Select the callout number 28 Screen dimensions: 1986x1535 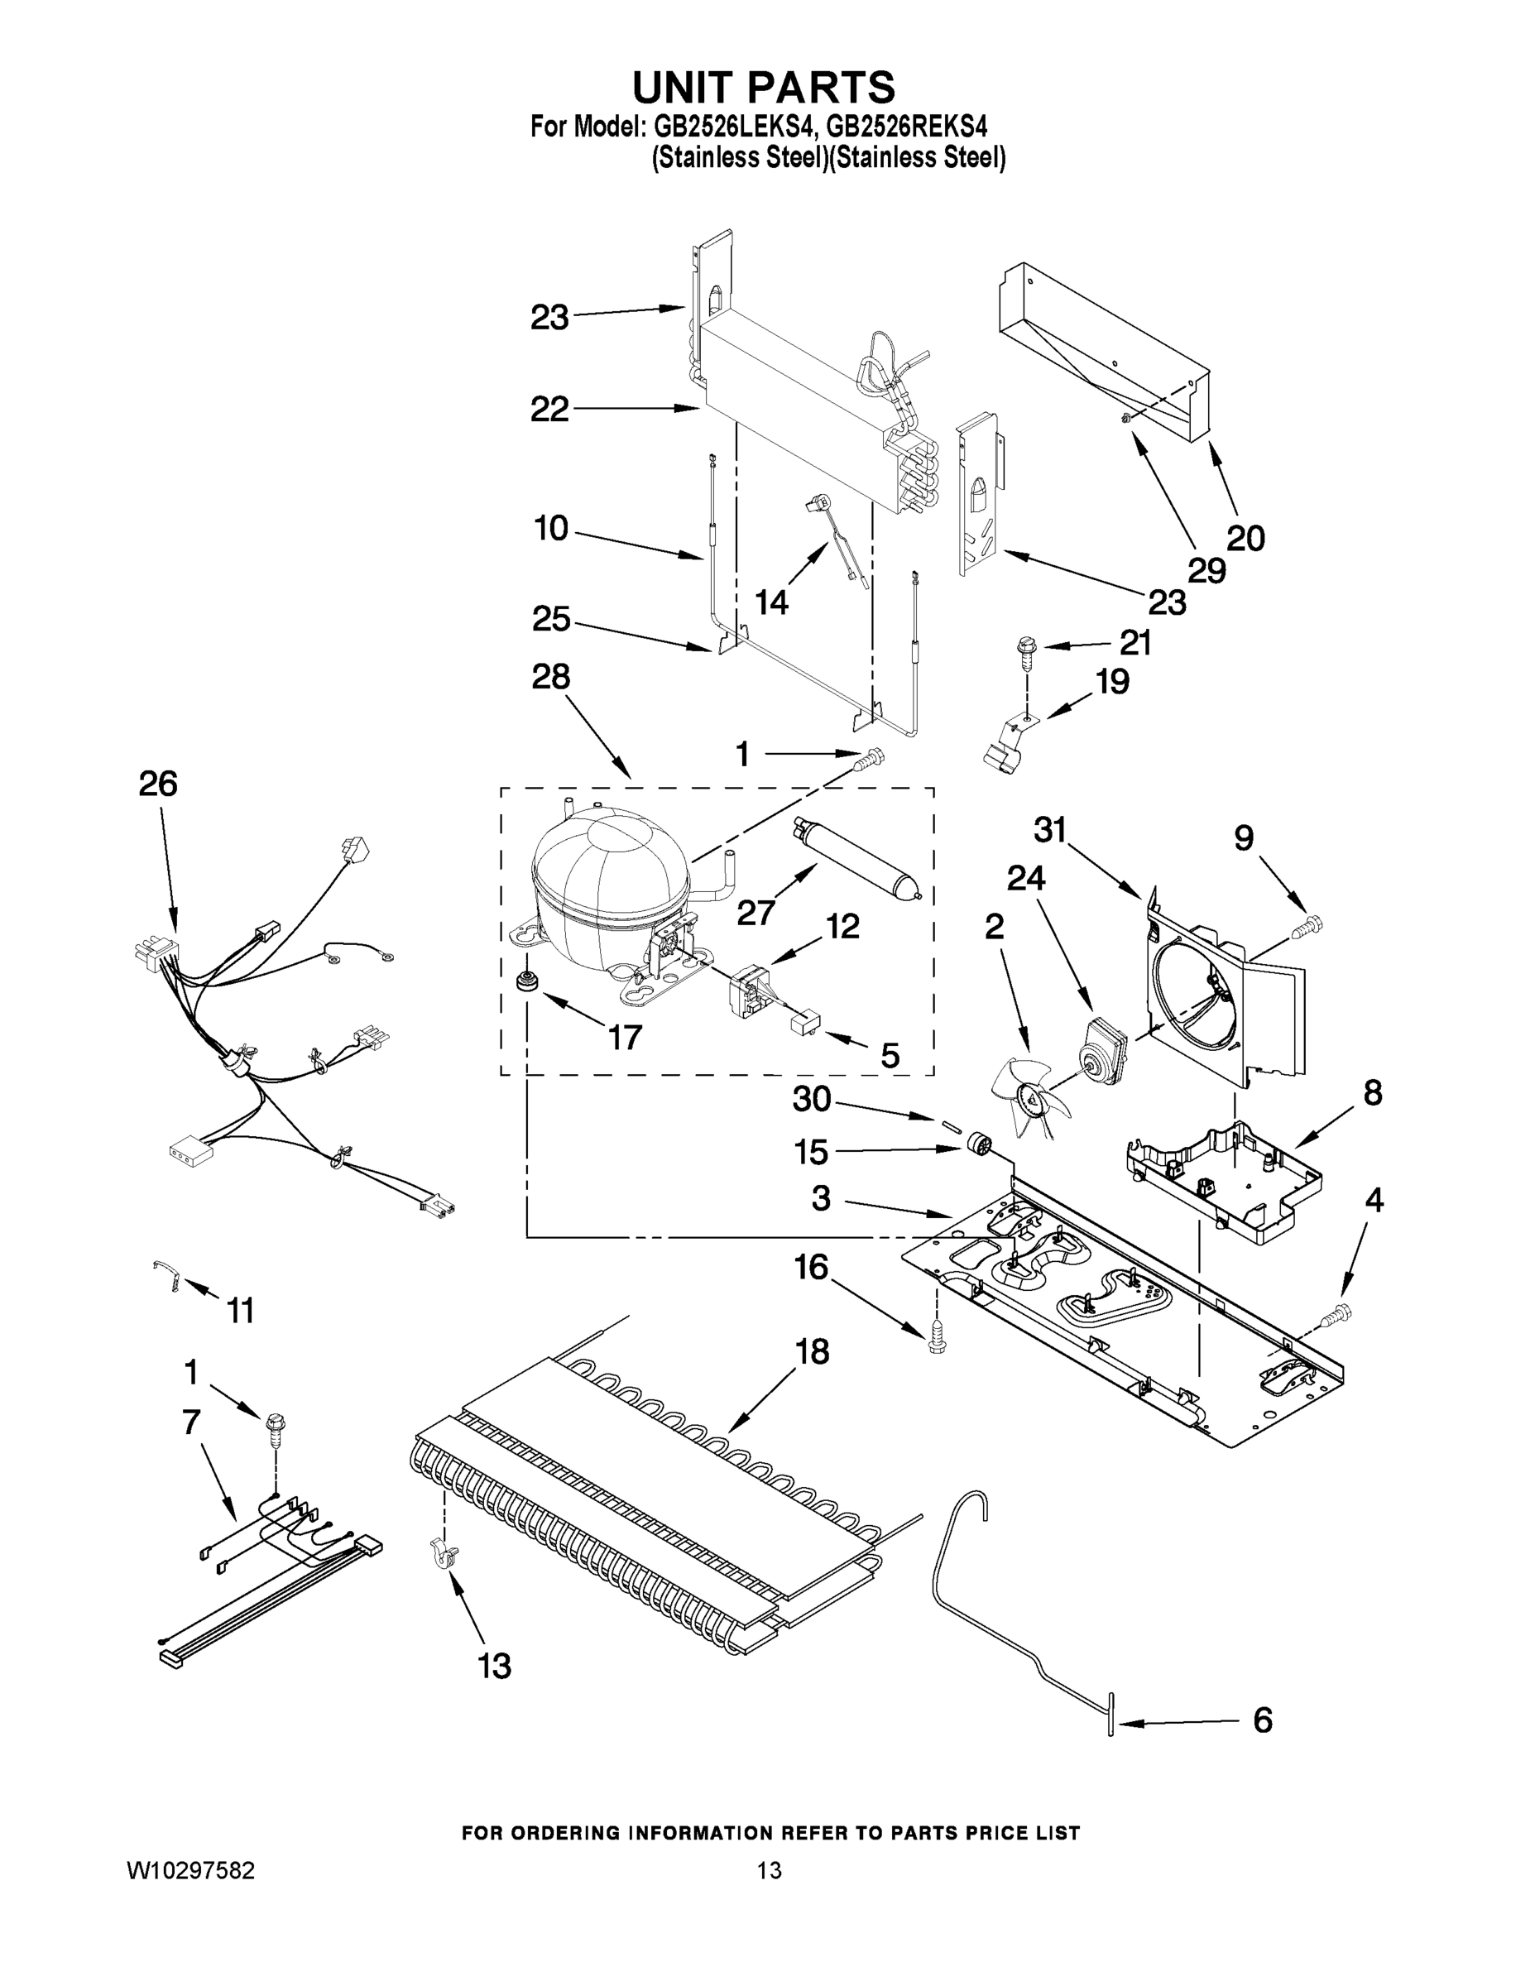point(551,677)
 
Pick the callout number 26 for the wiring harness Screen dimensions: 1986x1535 point(157,784)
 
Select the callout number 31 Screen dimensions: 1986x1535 point(1049,829)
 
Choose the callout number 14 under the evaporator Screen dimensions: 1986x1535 point(771,601)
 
